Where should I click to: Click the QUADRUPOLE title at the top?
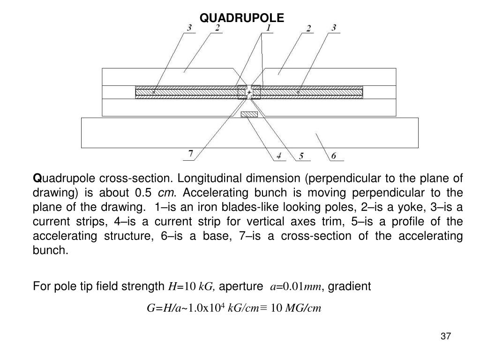pos(241,18)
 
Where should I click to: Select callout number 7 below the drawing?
pos(190,153)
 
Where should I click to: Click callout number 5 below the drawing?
pos(301,156)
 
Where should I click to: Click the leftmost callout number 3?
pos(189,29)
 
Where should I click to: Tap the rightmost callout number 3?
pos(333,29)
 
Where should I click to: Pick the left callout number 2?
pos(217,29)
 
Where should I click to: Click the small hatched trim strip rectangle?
pos(249,114)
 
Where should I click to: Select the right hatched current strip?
pos(311,92)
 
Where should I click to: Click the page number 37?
pos(446,337)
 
